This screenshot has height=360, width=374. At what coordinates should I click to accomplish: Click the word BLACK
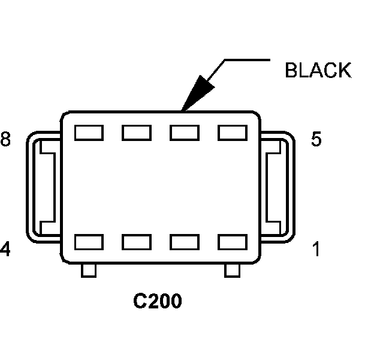pos(318,70)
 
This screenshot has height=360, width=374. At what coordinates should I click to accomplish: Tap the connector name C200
pos(158,301)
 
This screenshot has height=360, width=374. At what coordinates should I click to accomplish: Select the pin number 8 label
pos(5,140)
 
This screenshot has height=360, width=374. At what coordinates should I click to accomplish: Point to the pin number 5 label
pos(316,140)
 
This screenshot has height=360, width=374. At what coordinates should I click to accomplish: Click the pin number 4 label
pos(5,249)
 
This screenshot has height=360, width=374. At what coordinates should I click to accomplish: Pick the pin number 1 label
pos(316,249)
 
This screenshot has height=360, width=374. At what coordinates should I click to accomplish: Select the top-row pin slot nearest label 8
pos(89,133)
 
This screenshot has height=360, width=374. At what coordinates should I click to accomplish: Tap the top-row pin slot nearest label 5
pos(233,133)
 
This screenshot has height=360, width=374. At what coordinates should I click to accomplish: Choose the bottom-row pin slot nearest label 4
pos(89,242)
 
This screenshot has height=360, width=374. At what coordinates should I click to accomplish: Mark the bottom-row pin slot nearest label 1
pos(233,242)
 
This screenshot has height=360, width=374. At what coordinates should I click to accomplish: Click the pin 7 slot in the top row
pos(137,133)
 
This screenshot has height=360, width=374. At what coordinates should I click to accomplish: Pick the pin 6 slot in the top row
pos(185,133)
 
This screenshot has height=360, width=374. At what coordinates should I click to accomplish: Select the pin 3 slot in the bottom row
pos(137,242)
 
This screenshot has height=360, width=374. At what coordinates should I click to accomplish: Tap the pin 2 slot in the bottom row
pos(185,242)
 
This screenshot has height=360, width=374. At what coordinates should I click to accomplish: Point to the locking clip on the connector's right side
pos(278,186)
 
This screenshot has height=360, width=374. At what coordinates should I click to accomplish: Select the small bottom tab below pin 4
pos(89,271)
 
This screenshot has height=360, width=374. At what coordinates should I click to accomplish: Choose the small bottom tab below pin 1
pos(232,271)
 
